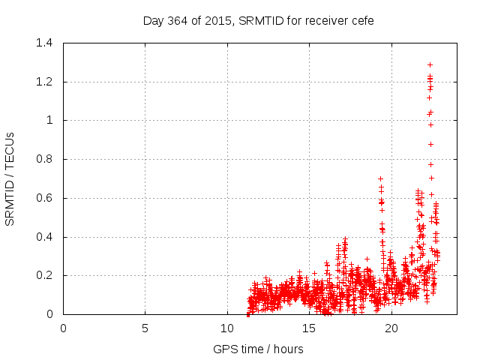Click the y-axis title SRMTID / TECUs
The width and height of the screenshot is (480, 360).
point(10,178)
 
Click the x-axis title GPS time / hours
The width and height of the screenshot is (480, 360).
point(258,349)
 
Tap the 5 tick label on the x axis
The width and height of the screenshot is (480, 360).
point(145,328)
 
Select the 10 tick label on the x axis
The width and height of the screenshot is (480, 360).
point(227,328)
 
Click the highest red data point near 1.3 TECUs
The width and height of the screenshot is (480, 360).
point(430,64)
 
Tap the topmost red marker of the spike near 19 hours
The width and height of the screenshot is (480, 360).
point(380,178)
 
